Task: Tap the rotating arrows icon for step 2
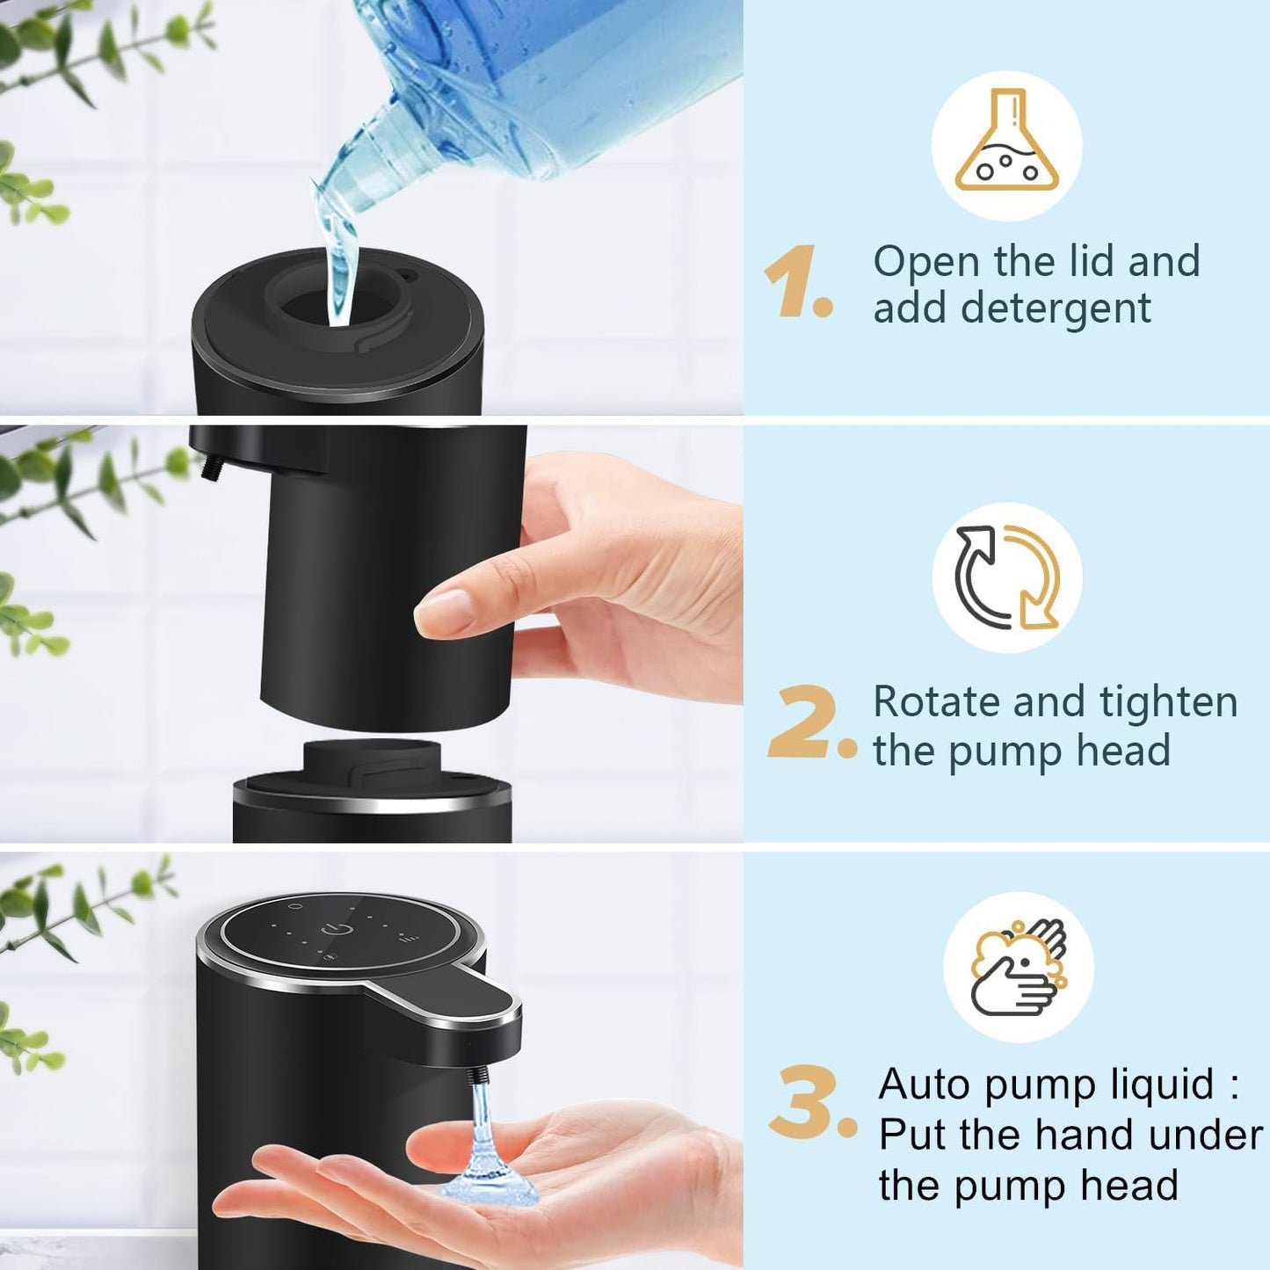pyautogui.click(x=1007, y=577)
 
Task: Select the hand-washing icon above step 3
pyautogui.click(x=1018, y=966)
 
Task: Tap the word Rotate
pyautogui.click(x=934, y=702)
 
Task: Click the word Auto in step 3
pyautogui.click(x=924, y=1084)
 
